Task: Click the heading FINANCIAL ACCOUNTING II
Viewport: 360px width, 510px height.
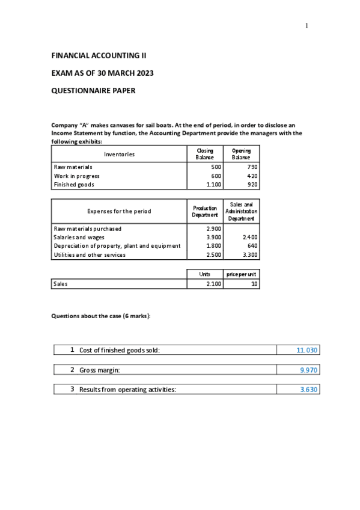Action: (x=99, y=55)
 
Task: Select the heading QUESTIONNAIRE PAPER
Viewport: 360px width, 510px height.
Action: (x=93, y=91)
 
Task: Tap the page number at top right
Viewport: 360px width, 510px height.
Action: (x=306, y=25)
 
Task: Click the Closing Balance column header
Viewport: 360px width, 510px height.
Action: (x=204, y=154)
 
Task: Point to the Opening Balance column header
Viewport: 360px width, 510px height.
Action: (x=241, y=154)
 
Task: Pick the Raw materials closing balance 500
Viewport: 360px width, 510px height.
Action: (x=216, y=167)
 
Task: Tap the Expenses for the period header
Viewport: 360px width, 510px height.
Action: (x=119, y=211)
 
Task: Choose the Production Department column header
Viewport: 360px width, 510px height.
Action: (x=204, y=211)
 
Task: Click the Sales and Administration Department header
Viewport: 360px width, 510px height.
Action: (x=241, y=211)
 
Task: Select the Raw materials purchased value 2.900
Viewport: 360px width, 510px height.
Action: (x=213, y=229)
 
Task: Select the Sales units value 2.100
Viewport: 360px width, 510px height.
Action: (x=213, y=284)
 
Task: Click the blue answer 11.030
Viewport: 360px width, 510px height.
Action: (x=307, y=350)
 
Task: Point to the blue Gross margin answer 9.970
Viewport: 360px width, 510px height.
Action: (x=309, y=370)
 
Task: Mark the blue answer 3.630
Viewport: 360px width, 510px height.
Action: (x=309, y=390)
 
